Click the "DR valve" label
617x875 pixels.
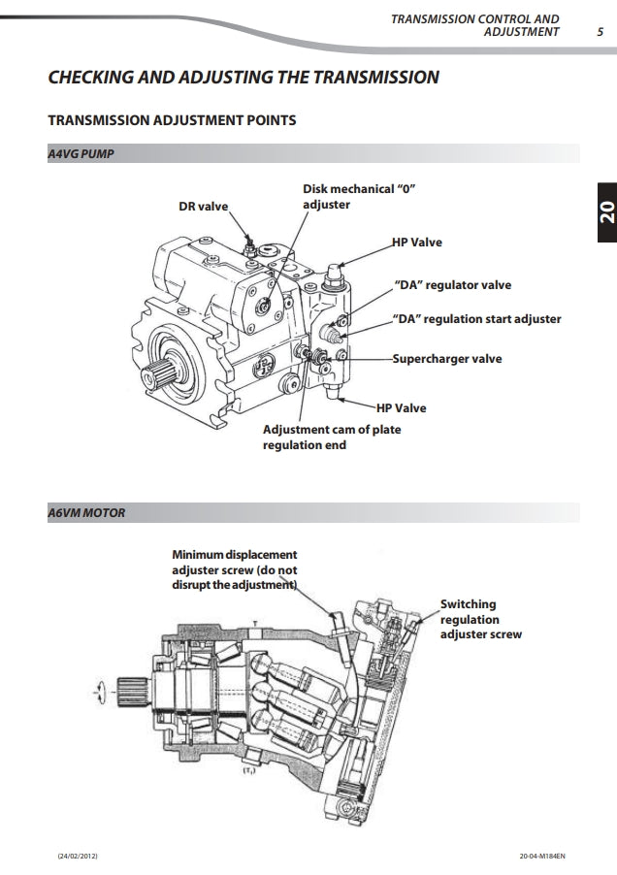[203, 207]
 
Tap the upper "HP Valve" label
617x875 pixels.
[416, 242]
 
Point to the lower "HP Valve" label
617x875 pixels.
[401, 407]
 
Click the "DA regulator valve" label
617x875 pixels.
[452, 285]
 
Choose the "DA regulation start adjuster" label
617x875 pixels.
[476, 318]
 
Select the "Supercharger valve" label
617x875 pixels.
[447, 359]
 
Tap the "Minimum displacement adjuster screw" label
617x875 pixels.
[234, 569]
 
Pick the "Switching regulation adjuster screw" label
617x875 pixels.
[480, 619]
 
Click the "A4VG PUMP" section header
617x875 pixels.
[81, 153]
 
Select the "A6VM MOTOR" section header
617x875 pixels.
[86, 512]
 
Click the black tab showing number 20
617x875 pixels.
[605, 214]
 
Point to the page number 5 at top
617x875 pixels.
[601, 31]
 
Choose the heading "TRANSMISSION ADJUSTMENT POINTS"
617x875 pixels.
[172, 120]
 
